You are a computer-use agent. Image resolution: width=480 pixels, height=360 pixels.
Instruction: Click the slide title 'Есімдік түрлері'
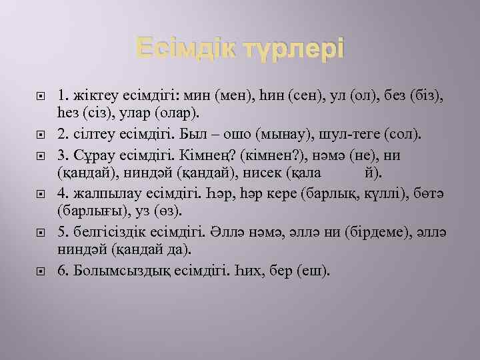coord(240,49)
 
